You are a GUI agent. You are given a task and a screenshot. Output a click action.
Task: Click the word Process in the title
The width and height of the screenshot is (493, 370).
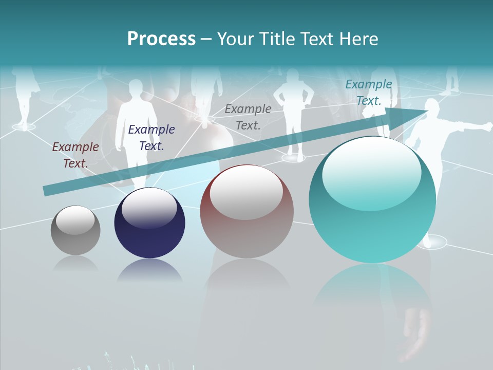(161, 39)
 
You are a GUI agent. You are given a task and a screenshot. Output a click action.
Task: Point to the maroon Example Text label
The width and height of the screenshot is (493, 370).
(75, 155)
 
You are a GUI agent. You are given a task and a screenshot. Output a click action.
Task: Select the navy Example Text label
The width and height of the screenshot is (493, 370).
(151, 138)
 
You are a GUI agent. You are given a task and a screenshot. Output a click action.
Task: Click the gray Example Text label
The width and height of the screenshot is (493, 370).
(248, 117)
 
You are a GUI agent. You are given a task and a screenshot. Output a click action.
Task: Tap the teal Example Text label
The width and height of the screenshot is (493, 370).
(369, 92)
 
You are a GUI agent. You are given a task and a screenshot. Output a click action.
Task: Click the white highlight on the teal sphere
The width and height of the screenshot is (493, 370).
(371, 172)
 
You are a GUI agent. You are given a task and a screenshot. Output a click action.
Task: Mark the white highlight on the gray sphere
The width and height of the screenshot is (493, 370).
(75, 220)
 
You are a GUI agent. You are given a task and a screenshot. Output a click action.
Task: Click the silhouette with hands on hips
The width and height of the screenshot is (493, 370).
(293, 103)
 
